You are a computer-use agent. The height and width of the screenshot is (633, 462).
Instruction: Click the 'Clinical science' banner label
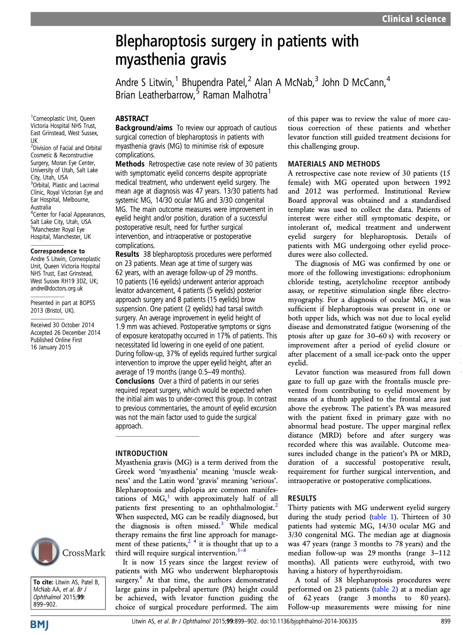pos(413,19)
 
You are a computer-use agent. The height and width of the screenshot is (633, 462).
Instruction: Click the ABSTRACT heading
pos(132,119)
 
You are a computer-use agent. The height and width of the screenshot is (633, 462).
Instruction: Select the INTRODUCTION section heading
pos(141,454)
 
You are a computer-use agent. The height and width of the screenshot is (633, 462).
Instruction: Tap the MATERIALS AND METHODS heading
pos(334,164)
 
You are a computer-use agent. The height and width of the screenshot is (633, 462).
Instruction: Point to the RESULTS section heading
pos(302,498)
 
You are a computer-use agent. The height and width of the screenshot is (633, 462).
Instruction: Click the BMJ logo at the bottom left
pos(40,625)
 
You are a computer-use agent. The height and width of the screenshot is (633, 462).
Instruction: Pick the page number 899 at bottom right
pos(446,621)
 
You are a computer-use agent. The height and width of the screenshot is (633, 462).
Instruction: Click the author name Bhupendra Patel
pos(214,83)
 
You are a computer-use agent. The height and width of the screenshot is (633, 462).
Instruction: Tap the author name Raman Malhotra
pos(235,95)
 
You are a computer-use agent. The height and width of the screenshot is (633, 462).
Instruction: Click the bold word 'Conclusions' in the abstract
pos(135,381)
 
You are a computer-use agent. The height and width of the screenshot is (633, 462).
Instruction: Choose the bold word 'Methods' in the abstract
pos(130,164)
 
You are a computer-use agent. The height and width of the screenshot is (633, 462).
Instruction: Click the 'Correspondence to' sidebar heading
pos(57,251)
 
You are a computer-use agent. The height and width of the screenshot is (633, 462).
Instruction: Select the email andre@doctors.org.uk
pos(56,289)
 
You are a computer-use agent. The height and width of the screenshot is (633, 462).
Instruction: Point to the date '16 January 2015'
pos(51,347)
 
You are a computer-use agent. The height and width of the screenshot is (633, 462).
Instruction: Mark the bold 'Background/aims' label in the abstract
pos(144,128)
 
